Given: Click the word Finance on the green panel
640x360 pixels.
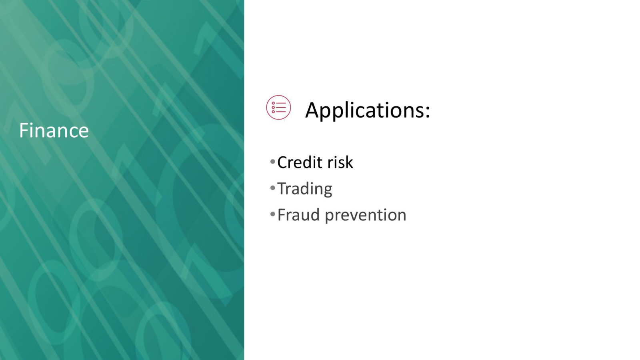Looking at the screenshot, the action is click(x=54, y=130).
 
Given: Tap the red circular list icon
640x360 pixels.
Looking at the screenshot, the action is click(x=278, y=108).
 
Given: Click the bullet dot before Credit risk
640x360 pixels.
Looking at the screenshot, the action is click(x=272, y=162).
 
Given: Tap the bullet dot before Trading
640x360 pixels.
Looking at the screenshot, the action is click(x=272, y=188).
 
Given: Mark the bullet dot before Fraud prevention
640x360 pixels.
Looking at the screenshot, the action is click(x=272, y=214).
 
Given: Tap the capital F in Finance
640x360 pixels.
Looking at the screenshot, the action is click(x=24, y=130).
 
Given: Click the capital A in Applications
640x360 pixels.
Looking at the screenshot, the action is click(x=312, y=110).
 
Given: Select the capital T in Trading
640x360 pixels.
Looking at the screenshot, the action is click(x=282, y=188).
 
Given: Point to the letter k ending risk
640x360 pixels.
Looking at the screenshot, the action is click(x=350, y=162).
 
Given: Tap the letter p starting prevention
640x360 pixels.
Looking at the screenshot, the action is click(x=330, y=217).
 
